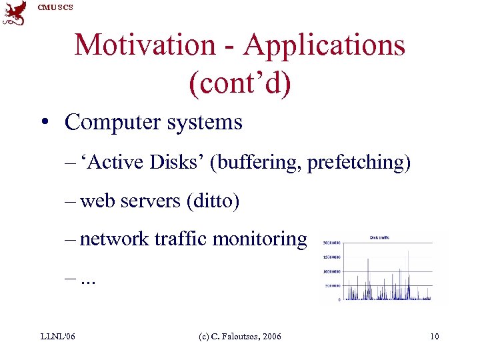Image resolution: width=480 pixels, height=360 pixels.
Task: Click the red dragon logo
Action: (15, 13)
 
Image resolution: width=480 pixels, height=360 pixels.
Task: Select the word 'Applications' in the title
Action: (324, 45)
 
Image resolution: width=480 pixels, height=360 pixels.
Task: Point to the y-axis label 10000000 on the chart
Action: (331, 271)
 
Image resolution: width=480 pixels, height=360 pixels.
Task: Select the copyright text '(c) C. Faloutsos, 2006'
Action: (240, 337)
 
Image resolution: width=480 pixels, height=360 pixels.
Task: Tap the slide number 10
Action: (434, 337)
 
